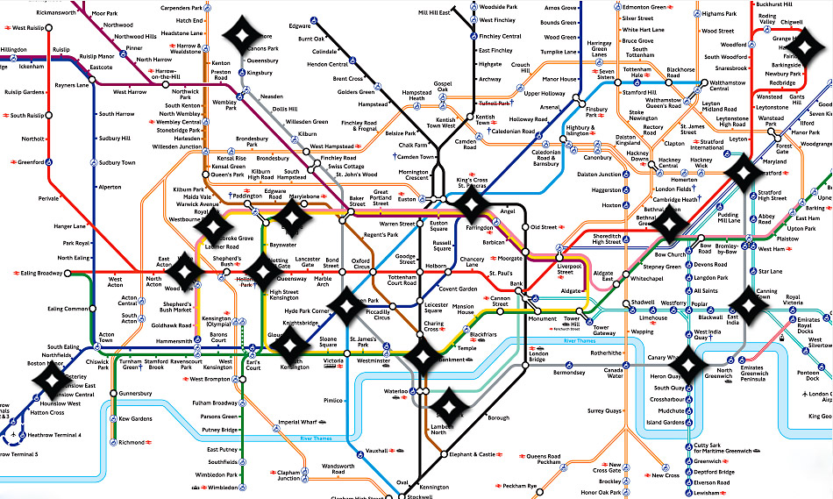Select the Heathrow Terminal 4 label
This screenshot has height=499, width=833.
coord(54,436)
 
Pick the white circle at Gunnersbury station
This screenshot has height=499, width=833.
coord(113,394)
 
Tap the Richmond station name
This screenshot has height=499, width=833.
coord(132,443)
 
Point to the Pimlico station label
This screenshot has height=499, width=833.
coord(332,400)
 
